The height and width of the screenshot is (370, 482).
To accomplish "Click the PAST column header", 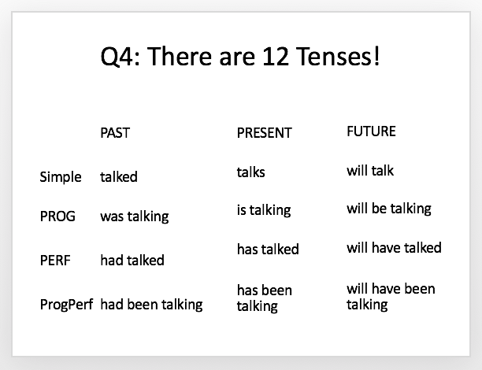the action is click(x=115, y=133).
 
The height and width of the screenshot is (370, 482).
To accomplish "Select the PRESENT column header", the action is click(x=264, y=133).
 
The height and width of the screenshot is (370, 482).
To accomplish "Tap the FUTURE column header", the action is click(x=371, y=131).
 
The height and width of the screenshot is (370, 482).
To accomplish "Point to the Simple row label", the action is click(x=61, y=177).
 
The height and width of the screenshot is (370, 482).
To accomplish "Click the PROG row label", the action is click(x=57, y=216).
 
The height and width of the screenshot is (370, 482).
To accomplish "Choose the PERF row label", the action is click(x=55, y=261).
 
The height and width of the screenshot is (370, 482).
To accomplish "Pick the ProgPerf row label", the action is click(x=66, y=305).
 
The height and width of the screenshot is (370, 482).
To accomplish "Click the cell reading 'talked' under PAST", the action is click(x=119, y=176).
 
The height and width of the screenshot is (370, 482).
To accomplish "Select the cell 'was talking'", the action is click(x=135, y=216).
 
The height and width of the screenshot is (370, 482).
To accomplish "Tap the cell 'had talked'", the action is click(x=132, y=260).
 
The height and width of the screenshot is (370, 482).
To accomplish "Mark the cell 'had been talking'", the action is click(x=151, y=305).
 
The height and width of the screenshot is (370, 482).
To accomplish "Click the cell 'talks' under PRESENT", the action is click(x=250, y=172).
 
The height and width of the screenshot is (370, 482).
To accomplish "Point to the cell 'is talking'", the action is click(x=264, y=210).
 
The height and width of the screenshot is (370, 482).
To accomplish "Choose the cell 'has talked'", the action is click(x=268, y=249).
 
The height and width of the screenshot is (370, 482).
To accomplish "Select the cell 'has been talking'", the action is click(x=265, y=298).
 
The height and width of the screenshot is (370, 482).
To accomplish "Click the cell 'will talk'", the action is click(x=370, y=171).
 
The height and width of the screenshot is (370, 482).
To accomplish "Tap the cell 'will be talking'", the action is click(x=389, y=209).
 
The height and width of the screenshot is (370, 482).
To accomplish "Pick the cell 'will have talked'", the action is click(x=394, y=247).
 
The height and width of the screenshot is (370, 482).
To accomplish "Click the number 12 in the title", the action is click(x=276, y=57).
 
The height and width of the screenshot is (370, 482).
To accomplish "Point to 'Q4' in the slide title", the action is click(x=117, y=57).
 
